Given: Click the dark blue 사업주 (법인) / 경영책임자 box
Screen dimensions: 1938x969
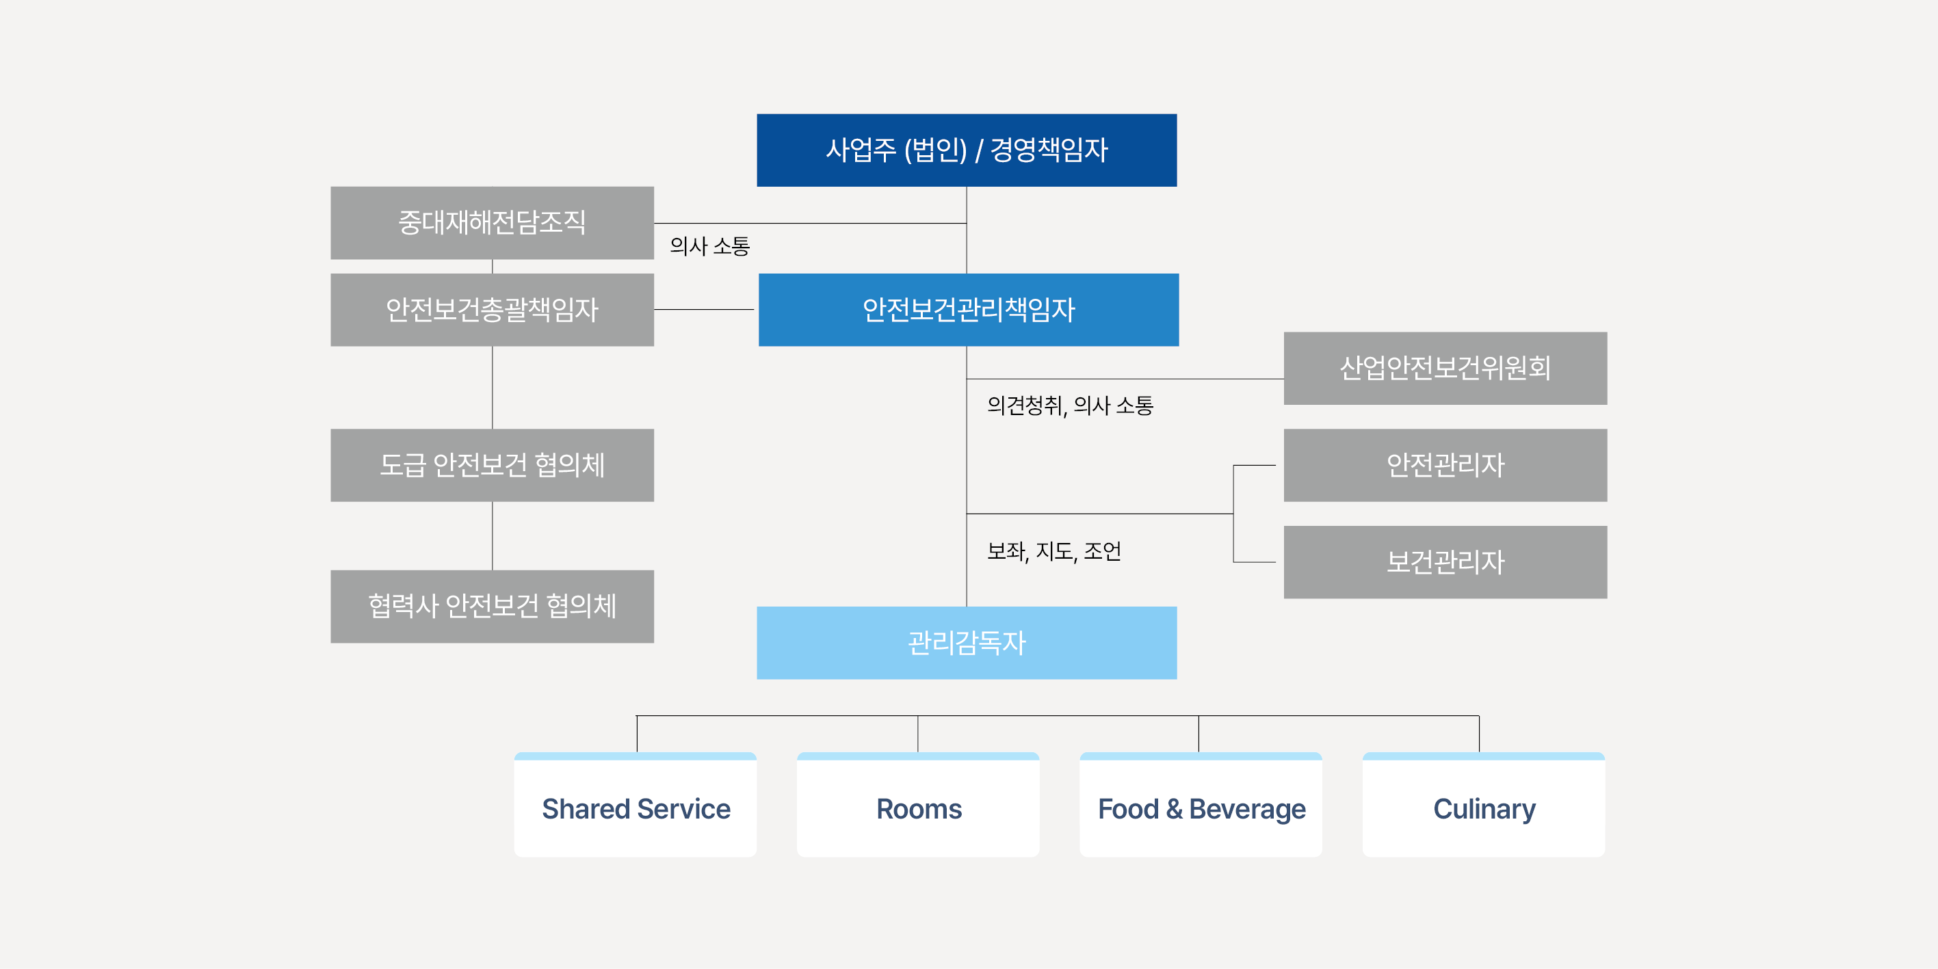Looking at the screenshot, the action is click(x=967, y=150).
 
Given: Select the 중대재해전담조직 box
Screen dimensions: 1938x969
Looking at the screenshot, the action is click(x=492, y=223).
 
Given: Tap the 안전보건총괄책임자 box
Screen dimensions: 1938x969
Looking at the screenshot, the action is click(x=492, y=309).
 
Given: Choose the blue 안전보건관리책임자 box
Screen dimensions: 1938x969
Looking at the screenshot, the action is click(x=968, y=309).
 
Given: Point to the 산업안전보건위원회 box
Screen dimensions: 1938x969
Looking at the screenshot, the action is click(x=1445, y=368).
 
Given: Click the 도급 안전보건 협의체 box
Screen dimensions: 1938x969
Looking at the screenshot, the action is click(x=492, y=465).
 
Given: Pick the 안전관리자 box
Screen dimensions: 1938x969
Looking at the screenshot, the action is click(x=1445, y=465).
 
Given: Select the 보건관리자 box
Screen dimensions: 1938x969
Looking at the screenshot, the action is click(x=1445, y=562).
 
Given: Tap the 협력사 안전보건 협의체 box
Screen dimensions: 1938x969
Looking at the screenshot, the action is click(x=492, y=607).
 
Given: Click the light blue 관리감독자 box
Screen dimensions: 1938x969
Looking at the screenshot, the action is click(x=967, y=643).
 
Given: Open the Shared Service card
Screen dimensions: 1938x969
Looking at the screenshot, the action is click(x=636, y=804).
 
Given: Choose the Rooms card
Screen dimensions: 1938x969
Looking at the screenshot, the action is click(x=918, y=804).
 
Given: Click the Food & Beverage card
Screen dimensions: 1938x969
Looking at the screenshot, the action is click(x=1201, y=804).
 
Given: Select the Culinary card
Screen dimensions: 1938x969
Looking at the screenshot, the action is click(x=1484, y=804).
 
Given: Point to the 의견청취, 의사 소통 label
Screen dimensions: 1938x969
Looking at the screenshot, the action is click(x=1070, y=406).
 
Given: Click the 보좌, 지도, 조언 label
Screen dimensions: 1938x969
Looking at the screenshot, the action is click(x=1054, y=551).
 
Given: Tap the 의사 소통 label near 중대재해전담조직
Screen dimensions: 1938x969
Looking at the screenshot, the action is click(x=709, y=246).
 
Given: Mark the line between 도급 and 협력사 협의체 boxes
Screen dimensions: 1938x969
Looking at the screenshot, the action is click(x=492, y=535).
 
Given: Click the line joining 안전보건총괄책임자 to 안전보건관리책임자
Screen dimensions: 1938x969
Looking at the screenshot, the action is click(x=704, y=309).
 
